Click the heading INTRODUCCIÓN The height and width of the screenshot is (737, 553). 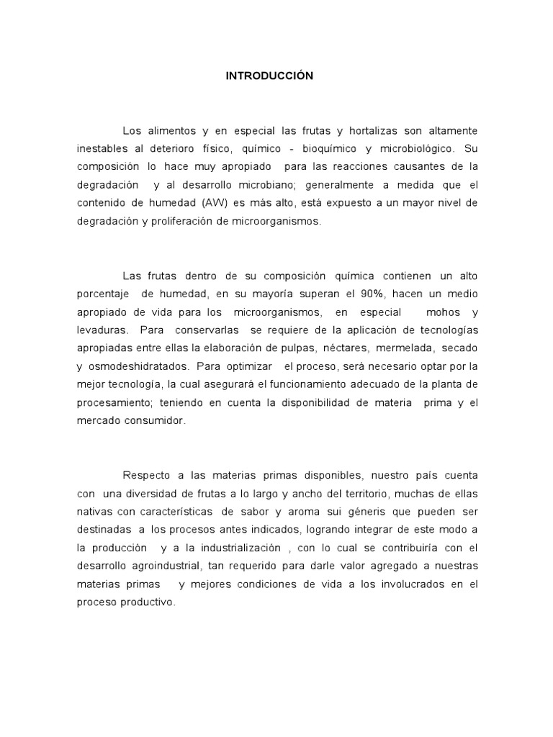pyautogui.click(x=269, y=76)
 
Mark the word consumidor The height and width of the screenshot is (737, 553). pyautogui.click(x=151, y=421)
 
